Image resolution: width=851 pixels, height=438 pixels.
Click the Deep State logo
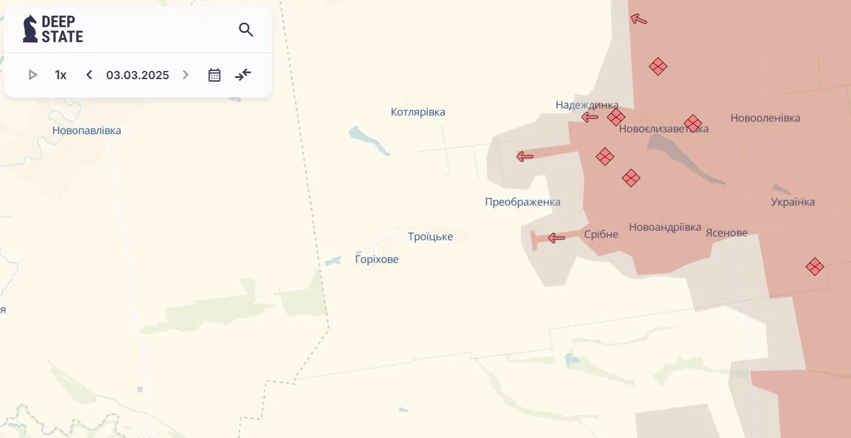[53, 29]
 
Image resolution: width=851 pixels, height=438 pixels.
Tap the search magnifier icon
[246, 29]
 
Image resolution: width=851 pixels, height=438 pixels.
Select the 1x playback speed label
[61, 75]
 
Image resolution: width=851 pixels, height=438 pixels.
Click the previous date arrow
[89, 75]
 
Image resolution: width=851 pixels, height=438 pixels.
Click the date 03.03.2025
[138, 75]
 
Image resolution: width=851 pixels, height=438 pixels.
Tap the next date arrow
[186, 75]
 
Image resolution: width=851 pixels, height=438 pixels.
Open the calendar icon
[215, 75]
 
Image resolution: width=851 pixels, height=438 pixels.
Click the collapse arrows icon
[243, 75]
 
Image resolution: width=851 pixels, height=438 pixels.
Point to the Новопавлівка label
[87, 131]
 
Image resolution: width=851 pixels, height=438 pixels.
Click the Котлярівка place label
[418, 112]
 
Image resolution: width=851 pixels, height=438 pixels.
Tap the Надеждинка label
[587, 105]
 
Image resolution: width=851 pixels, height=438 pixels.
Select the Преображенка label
[522, 203]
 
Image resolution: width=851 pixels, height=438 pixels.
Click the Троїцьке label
[430, 237]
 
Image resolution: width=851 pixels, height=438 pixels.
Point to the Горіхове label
[377, 260]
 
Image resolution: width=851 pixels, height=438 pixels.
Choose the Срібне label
[601, 234]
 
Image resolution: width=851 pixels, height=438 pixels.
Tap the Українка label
[793, 203]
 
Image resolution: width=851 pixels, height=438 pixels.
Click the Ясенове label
[726, 233]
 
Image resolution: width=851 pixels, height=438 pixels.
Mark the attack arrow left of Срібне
[556, 238]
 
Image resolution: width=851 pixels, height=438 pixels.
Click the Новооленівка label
[765, 118]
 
